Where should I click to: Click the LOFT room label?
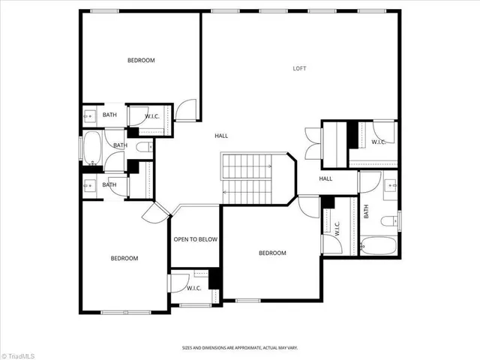coord(299,68)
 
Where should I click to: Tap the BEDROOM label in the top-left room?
coord(141,60)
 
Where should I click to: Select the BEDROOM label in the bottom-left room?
coord(124,259)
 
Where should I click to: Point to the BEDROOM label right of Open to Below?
coord(272,253)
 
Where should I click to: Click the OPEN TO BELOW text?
coord(195,239)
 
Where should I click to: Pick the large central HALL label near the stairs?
coord(221,136)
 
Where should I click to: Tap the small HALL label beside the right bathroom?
coord(325,178)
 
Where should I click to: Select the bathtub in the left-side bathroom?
coord(92,148)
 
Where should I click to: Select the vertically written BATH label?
coord(367,212)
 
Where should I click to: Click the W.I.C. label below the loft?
coord(378,141)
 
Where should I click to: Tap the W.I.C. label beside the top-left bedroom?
coord(151,115)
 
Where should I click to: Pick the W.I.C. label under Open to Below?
coord(193,287)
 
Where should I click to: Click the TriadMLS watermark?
coord(18,353)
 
